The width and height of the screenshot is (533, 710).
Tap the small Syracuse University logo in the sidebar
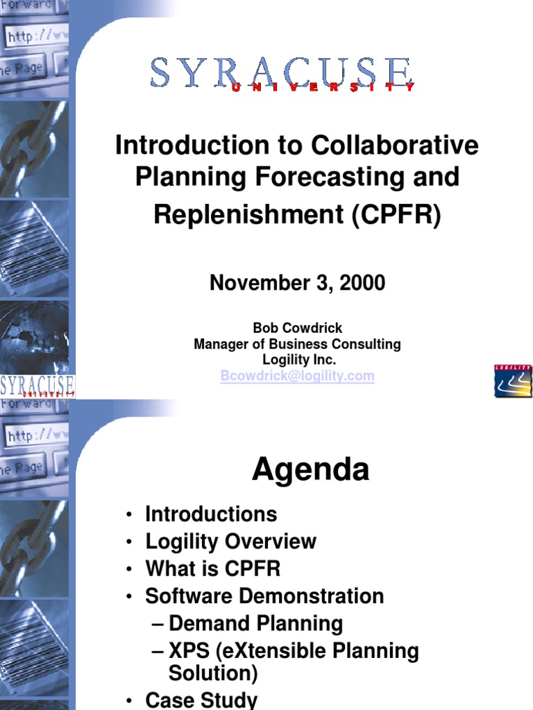tap(37, 386)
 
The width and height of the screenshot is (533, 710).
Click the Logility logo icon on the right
tap(513, 381)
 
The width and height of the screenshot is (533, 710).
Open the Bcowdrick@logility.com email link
tap(297, 376)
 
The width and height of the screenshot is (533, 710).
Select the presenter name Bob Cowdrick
tap(297, 328)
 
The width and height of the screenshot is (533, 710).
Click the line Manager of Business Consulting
tap(297, 344)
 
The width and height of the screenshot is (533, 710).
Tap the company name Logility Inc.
tap(298, 360)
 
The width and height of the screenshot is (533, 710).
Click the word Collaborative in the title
tap(395, 146)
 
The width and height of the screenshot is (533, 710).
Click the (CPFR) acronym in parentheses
tap(396, 215)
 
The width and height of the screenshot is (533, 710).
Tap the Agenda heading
tap(310, 470)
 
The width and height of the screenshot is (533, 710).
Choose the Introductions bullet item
tap(211, 514)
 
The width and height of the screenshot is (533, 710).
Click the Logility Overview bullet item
tap(230, 542)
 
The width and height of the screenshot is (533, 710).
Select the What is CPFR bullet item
tap(213, 569)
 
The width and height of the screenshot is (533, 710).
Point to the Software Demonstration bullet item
tap(264, 596)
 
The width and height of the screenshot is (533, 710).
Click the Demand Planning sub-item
tap(255, 623)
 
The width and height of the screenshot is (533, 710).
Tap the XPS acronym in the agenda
tap(190, 651)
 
